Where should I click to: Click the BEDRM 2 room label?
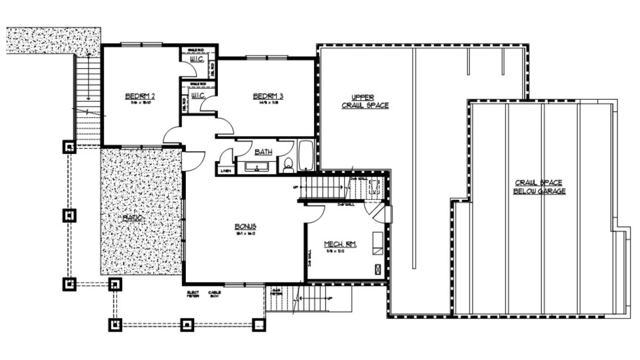pos(140,96)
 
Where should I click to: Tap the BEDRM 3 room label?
pos(268,96)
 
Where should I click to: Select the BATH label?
pos(263,152)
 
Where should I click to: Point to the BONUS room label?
pos(245,227)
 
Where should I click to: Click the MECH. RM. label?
pos(340,244)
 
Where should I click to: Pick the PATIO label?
pos(133,218)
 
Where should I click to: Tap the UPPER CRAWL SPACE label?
pos(365,101)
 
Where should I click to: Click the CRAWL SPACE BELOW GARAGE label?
pos(539,187)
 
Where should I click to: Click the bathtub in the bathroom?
pos(306,155)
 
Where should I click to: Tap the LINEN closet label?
pos(226,171)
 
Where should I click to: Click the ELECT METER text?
pos(193,294)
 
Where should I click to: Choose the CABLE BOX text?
pos(214,294)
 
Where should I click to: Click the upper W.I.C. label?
pos(197,59)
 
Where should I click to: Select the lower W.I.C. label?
pos(198,96)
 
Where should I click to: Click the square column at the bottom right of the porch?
pos(259,325)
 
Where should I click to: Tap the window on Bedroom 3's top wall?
pos(267,58)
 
